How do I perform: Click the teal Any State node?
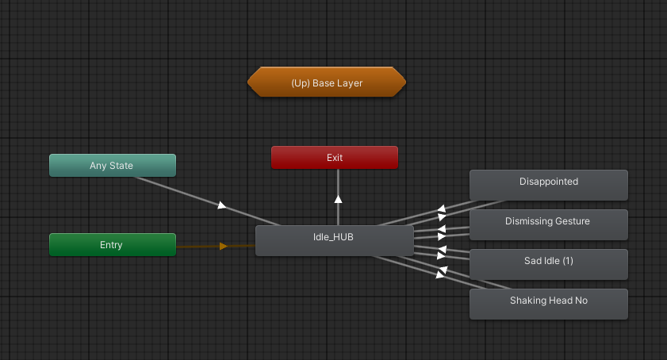112,166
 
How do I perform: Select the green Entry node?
112,245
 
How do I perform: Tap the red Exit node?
334,158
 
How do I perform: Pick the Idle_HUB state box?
334,240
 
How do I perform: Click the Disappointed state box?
548,184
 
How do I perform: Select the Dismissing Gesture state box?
548,224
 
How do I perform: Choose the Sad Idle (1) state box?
548,263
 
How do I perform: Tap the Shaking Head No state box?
548,303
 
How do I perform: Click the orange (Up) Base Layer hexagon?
327,82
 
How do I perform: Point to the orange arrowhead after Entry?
224,246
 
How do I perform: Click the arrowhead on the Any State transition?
222,206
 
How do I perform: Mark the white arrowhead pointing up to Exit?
338,198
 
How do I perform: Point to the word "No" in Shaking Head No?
581,301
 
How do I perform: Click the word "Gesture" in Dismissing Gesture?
571,221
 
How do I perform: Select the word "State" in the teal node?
121,166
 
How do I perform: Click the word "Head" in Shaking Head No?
560,301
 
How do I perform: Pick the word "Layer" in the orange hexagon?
350,82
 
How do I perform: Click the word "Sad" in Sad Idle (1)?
532,261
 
